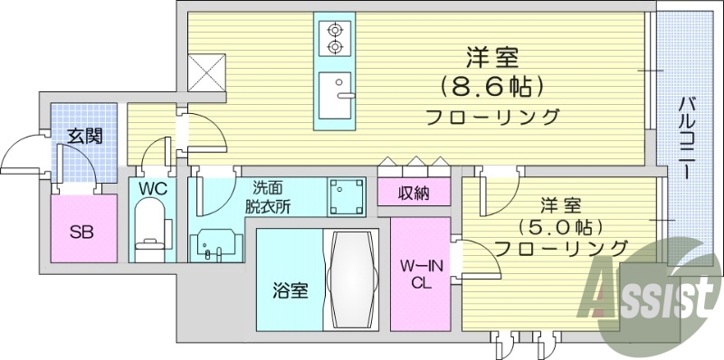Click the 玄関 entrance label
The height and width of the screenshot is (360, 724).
[x=84, y=137]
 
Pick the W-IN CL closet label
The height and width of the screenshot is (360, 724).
[x=420, y=274]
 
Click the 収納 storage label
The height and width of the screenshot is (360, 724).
[x=414, y=192]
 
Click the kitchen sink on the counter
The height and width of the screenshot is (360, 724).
[x=338, y=98]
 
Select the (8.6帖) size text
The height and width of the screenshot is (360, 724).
[x=492, y=87]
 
